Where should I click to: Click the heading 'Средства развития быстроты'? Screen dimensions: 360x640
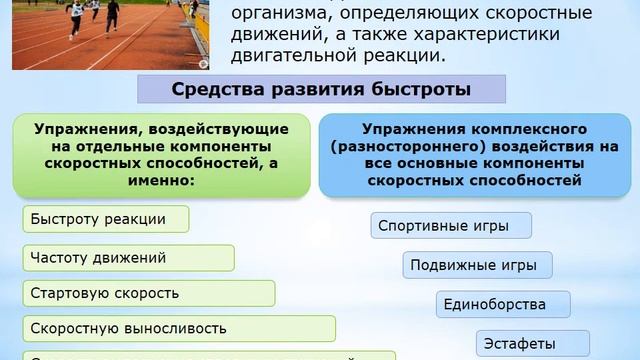pyautogui.click(x=319, y=88)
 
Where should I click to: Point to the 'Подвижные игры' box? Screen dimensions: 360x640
pyautogui.click(x=477, y=266)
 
